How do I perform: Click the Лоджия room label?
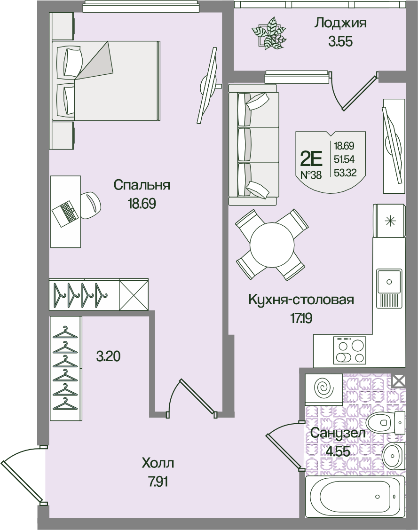coord(340,24)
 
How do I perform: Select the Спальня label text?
coord(142,185)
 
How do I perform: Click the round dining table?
coord(272,245)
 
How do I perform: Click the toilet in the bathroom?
coord(385,422)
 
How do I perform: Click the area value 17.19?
coord(301,318)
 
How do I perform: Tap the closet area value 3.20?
coord(108,356)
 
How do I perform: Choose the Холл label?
coord(158,463)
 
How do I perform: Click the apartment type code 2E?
coord(311,158)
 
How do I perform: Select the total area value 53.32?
coord(345,173)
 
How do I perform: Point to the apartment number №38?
coord(311,174)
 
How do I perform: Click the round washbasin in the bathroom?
coord(394,455)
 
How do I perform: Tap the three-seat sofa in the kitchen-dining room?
coord(254,144)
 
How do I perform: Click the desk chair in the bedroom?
coord(89,205)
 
